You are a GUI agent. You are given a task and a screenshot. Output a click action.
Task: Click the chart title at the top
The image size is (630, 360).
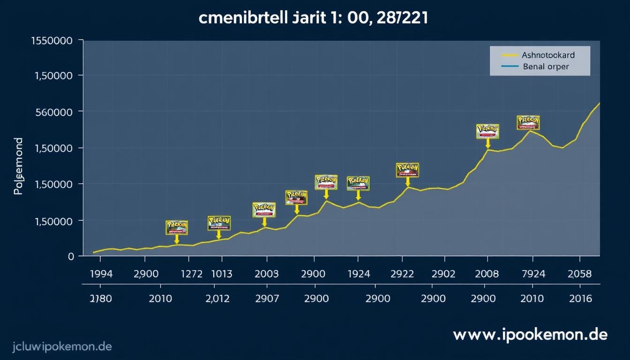coord(314,19)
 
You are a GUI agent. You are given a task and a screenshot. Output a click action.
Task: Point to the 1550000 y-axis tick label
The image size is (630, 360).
coord(52,41)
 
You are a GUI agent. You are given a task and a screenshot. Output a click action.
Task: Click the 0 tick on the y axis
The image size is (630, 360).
coord(71,256)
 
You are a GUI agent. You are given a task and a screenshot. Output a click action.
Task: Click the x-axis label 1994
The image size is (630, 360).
coord(100,274)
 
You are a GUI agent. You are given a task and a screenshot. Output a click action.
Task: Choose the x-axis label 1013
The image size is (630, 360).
coord(221,274)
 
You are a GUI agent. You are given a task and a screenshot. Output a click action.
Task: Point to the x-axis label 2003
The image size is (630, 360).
coord(266,274)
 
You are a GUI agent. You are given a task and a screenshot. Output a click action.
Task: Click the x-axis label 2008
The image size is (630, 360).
coord(487,274)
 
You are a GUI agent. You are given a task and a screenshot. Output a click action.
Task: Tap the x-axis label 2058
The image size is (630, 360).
coord(579,274)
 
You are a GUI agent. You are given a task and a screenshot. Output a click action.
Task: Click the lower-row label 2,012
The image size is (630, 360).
coord(217,299)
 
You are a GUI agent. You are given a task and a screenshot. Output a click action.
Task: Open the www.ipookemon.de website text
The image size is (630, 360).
coord(530,335)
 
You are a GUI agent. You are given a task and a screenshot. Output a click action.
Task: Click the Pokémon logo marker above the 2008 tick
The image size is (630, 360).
coord(487,131)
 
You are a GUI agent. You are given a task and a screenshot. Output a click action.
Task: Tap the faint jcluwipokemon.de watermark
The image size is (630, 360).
coord(56,347)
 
